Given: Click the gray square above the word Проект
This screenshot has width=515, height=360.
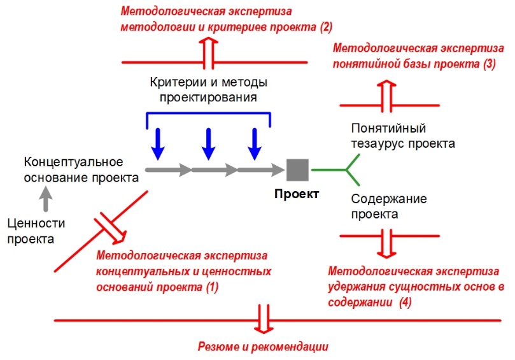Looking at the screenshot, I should tap(297, 169).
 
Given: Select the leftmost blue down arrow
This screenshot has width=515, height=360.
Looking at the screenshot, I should tap(158, 144).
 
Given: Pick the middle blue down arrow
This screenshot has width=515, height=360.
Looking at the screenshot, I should tap(207, 144).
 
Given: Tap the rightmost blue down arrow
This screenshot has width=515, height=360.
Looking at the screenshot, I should tap(254, 144).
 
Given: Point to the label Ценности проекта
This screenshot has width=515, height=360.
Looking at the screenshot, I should tap(31, 231).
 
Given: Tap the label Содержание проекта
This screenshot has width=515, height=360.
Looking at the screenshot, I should tap(389, 206).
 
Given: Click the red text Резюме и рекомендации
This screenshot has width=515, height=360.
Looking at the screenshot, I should tap(262, 347).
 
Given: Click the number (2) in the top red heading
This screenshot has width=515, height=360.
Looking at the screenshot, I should tap(325, 27).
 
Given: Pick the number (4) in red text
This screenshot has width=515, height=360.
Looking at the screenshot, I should tap(405, 303).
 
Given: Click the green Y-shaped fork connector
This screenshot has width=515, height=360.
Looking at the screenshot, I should tap(348, 169).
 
